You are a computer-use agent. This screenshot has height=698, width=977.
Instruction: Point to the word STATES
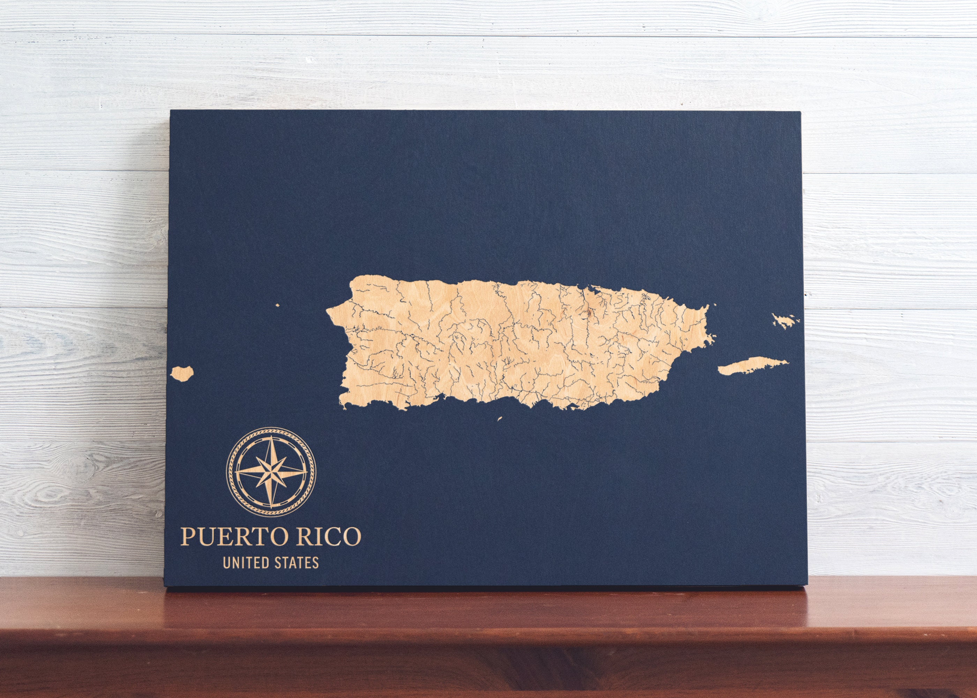[297, 563]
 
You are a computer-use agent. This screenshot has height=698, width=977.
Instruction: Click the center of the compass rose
[271, 472]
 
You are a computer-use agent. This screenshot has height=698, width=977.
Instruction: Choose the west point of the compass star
[237, 472]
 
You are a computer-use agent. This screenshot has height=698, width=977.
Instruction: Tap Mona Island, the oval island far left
[182, 373]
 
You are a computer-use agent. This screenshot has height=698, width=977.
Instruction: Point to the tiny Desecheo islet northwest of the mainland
[277, 306]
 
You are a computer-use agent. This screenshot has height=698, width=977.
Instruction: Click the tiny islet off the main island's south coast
[500, 418]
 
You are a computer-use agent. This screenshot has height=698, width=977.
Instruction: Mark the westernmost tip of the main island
[327, 310]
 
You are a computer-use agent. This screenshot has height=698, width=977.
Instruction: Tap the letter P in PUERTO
[187, 536]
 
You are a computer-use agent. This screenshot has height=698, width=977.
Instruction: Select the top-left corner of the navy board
[171, 111]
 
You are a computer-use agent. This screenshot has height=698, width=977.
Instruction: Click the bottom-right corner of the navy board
[807, 585]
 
